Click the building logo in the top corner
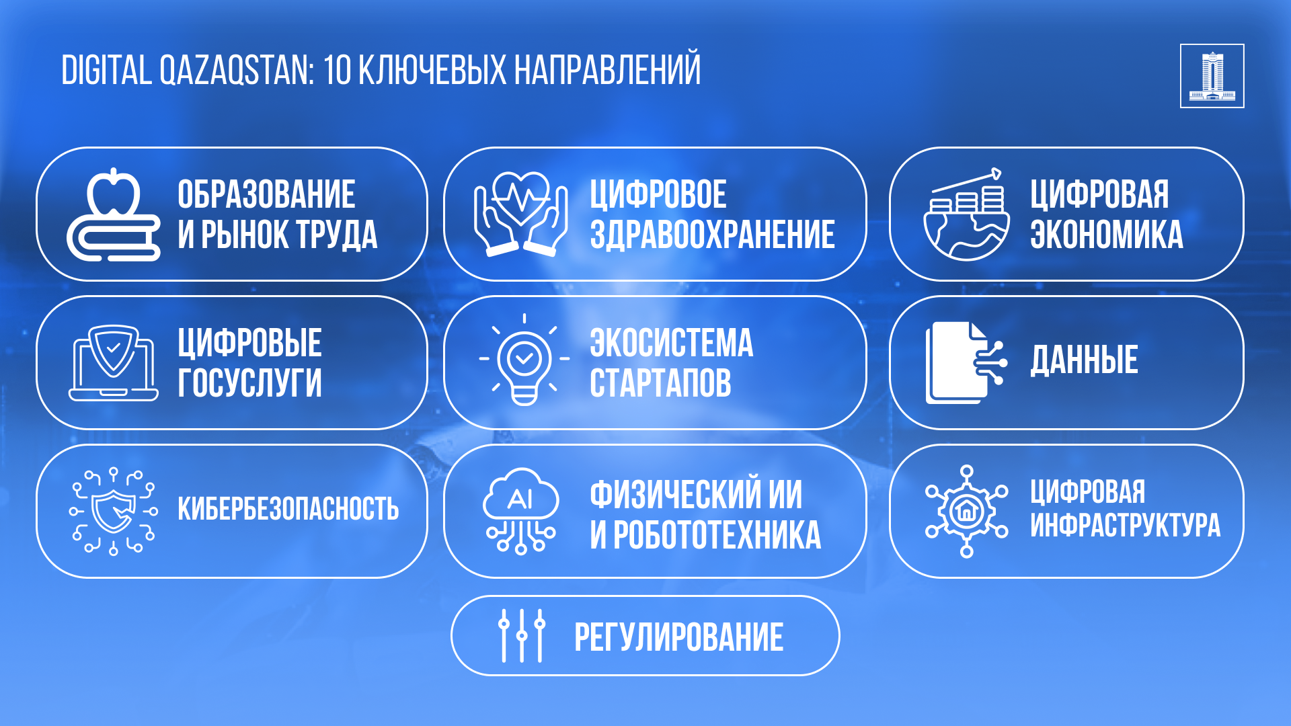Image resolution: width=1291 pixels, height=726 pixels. [1212, 76]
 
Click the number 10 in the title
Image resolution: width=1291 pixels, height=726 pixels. [337, 70]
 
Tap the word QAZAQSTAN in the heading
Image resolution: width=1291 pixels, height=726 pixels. [236, 71]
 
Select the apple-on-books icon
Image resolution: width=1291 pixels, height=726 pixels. [114, 214]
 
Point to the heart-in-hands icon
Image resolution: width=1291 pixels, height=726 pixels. [520, 214]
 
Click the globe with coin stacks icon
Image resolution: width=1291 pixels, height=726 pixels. [966, 214]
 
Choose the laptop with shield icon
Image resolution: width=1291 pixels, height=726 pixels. [114, 363]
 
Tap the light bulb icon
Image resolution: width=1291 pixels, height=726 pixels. [524, 360]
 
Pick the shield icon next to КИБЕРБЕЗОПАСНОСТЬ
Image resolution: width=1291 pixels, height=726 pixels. [114, 512]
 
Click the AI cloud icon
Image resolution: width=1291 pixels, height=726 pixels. [520, 511]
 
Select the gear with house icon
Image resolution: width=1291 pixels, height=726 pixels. [966, 512]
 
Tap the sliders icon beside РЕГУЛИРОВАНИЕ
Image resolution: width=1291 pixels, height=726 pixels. [522, 636]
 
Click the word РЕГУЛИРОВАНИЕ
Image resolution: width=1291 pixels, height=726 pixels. [679, 637]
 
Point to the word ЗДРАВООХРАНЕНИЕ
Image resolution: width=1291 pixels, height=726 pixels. [713, 235]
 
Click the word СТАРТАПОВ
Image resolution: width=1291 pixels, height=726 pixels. [660, 383]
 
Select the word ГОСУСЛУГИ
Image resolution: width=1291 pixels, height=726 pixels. [249, 383]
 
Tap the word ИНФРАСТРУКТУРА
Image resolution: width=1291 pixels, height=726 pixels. [1125, 526]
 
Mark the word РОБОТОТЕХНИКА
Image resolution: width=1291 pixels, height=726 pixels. [717, 536]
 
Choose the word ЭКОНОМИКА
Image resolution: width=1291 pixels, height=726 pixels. [1106, 235]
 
